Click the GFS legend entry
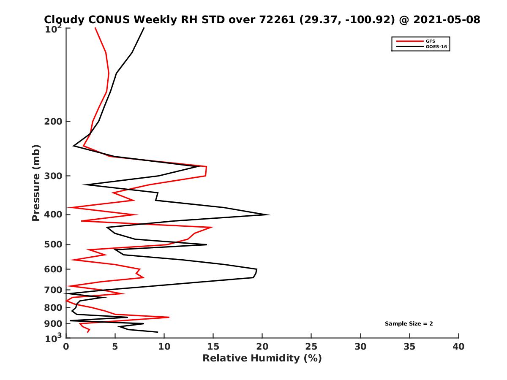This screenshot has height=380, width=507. click(431, 41)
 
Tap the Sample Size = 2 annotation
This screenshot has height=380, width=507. click(409, 324)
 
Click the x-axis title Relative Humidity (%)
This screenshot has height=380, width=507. click(262, 358)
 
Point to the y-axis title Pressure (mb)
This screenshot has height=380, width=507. click(36, 182)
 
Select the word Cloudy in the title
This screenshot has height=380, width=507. click(62, 19)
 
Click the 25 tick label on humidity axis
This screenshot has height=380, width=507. click(311, 347)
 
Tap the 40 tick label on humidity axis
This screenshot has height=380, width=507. click(458, 347)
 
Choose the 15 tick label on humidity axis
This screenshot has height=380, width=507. click(213, 347)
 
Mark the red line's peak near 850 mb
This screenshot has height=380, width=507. click(169, 317)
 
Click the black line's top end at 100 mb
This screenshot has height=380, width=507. click(144, 28)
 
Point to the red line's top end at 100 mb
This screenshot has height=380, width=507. click(95, 28)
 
